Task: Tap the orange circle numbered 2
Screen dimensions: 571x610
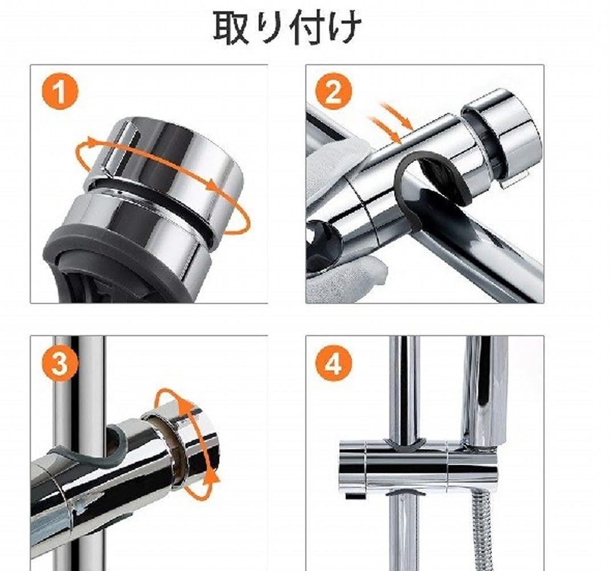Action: pyautogui.click(x=334, y=92)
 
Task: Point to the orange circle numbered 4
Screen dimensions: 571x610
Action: pyautogui.click(x=334, y=363)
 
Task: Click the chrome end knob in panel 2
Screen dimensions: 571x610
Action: pyautogui.click(x=502, y=137)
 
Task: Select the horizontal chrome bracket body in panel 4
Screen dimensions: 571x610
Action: pyautogui.click(x=399, y=465)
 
